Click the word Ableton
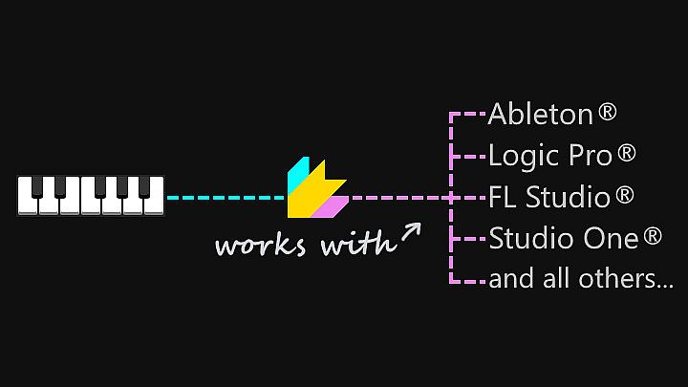point(540,115)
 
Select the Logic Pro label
point(549,155)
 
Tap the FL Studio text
point(548,198)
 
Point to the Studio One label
point(563,238)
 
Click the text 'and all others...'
point(581,280)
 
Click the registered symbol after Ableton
point(608,113)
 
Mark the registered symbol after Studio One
point(653,236)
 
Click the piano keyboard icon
point(91,196)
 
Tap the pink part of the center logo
point(332,205)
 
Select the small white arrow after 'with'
point(411,232)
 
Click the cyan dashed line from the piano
point(226,198)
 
